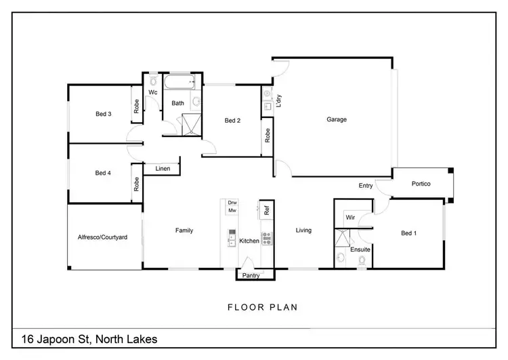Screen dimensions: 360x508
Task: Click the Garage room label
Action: click(337, 119)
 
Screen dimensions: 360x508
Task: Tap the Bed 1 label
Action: click(408, 233)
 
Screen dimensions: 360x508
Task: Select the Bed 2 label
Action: click(232, 121)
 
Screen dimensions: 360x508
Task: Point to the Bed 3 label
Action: click(103, 114)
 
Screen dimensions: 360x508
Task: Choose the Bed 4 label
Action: click(103, 173)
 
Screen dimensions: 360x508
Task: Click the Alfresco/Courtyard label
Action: click(102, 237)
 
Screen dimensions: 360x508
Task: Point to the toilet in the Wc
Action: click(153, 81)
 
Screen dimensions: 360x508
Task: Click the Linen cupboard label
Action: click(163, 168)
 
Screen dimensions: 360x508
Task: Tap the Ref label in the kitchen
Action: click(267, 210)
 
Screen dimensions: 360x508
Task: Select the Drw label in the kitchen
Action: click(232, 203)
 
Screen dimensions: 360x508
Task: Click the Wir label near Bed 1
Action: click(350, 218)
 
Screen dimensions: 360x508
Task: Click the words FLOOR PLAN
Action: click(262, 307)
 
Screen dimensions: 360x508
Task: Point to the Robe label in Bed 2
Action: click(267, 135)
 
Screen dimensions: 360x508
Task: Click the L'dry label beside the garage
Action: click(278, 101)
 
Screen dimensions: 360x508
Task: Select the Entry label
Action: click(366, 185)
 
